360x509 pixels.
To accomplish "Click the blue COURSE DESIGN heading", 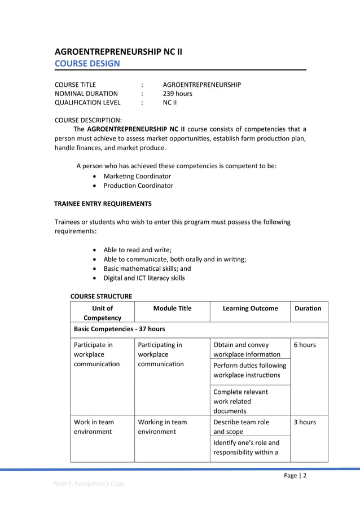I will click(x=87, y=63).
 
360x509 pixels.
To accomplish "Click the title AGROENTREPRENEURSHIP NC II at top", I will click(x=118, y=51).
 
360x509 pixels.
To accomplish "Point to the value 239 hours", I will click(x=177, y=94).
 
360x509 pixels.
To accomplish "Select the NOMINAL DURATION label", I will click(x=86, y=94).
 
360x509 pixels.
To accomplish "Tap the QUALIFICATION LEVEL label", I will click(x=87, y=103).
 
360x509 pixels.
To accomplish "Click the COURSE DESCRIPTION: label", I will click(x=88, y=120).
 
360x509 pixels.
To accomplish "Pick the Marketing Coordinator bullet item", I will click(x=137, y=176).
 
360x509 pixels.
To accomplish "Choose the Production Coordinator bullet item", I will click(x=138, y=185).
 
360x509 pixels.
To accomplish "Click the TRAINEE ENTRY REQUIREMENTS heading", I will click(x=103, y=203).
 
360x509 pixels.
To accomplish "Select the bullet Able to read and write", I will click(x=137, y=249).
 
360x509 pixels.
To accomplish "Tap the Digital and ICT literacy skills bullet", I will click(x=144, y=278).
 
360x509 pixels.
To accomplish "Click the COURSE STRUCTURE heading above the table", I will click(x=101, y=296).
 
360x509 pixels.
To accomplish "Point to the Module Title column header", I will click(x=172, y=308).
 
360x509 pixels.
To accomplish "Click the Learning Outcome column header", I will click(x=250, y=308).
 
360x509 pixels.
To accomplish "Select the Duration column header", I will click(x=308, y=308).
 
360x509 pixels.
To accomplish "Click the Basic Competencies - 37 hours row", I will click(x=119, y=328).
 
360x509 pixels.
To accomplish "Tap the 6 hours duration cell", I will click(x=305, y=344).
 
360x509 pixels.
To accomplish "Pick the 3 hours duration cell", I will click(x=305, y=422).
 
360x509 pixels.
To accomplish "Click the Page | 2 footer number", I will click(x=295, y=475).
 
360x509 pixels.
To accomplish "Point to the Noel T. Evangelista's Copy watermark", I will click(x=89, y=483).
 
